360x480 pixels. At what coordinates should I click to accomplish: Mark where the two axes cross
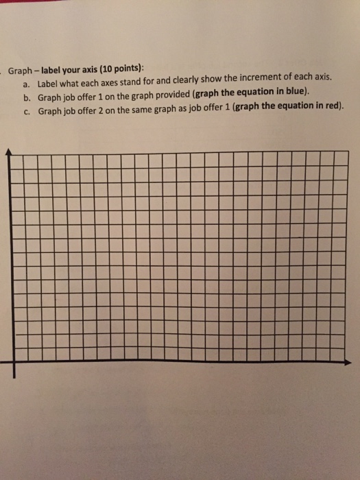click(8, 361)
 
